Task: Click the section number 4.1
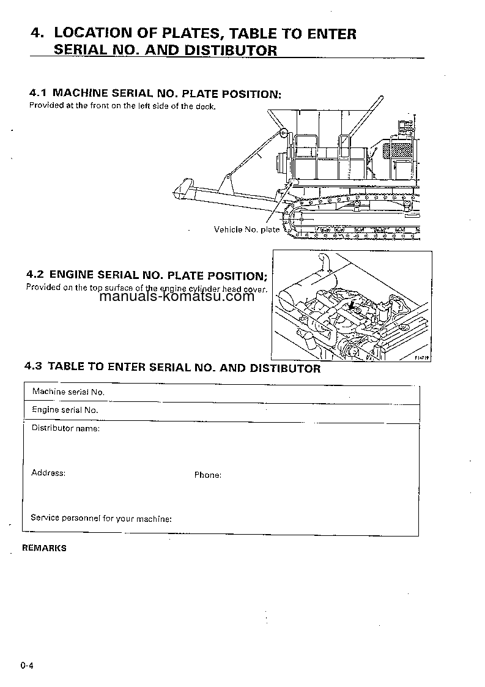click(38, 94)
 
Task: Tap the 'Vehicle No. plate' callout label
click(246, 229)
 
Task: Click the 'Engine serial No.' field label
click(65, 410)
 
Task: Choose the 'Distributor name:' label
click(65, 428)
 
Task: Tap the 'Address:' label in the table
click(48, 473)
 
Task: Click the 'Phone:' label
click(207, 475)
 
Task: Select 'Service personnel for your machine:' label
click(101, 518)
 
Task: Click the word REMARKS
click(44, 548)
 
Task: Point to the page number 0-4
click(26, 666)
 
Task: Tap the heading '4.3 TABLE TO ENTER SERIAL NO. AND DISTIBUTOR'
click(172, 368)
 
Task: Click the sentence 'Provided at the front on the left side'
click(122, 106)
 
